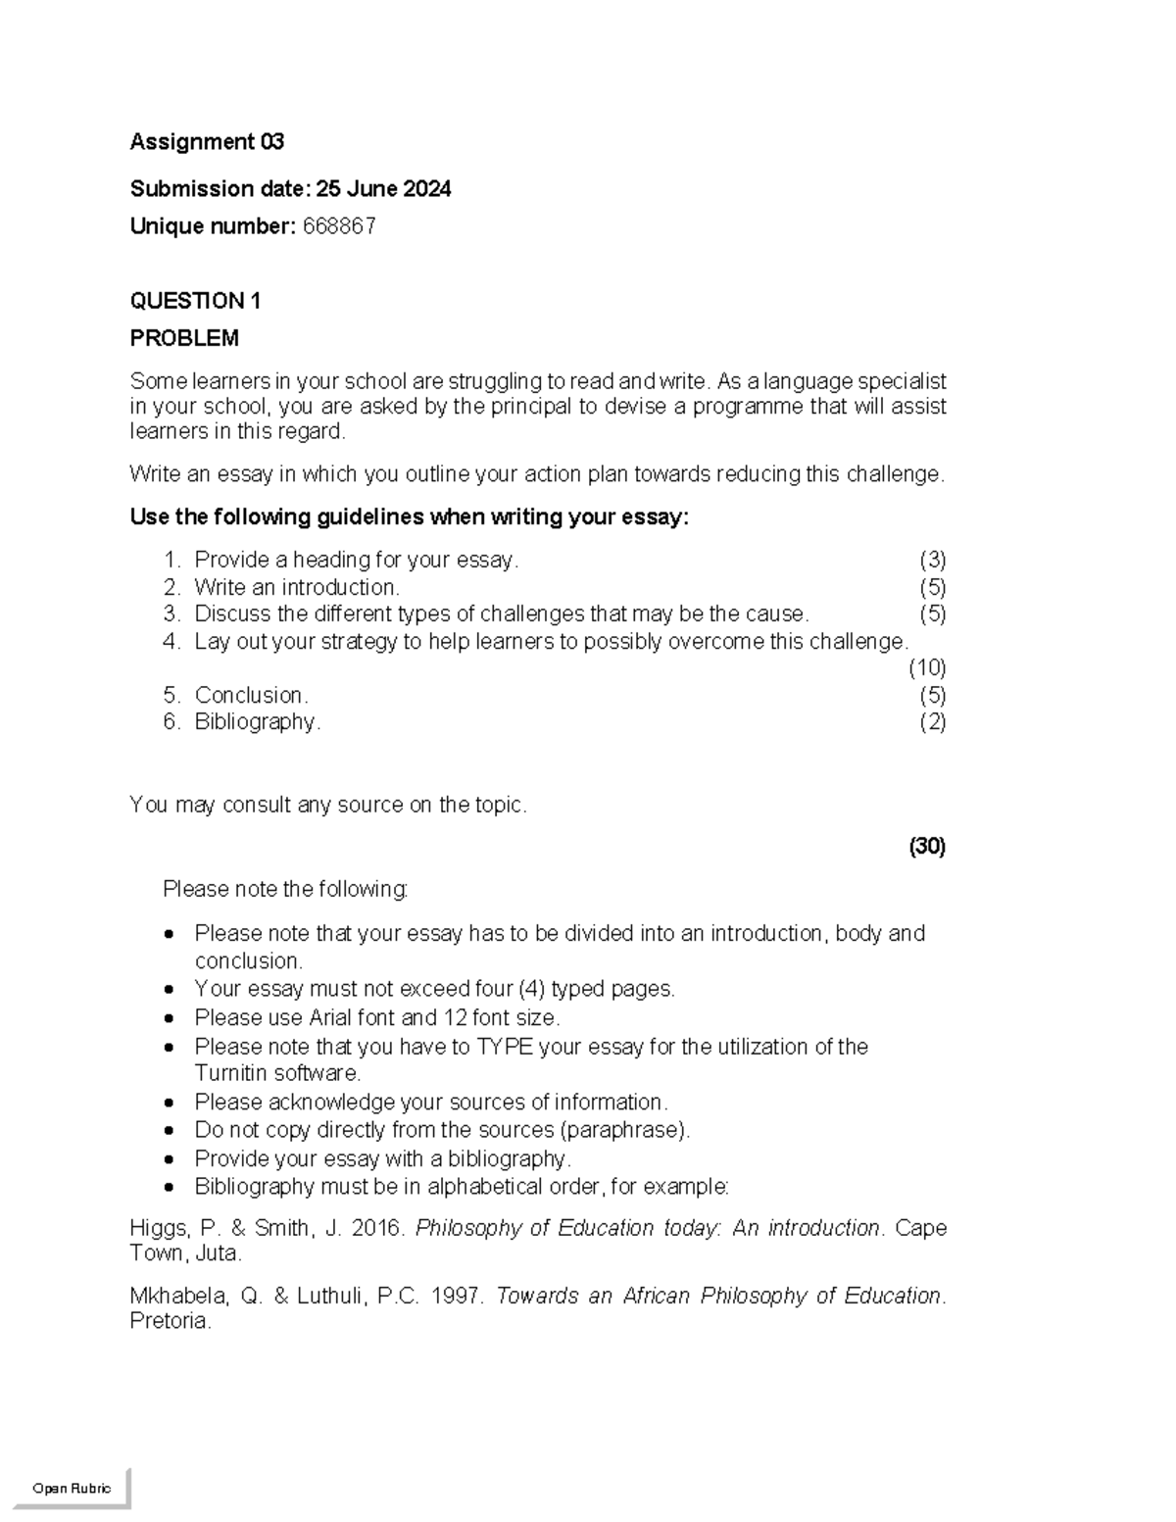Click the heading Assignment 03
click(207, 142)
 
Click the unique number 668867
click(339, 227)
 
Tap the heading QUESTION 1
click(195, 301)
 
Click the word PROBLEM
click(184, 339)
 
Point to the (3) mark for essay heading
click(932, 561)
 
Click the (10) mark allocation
click(926, 668)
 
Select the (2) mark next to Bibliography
click(932, 722)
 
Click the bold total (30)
click(927, 847)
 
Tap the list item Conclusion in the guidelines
click(251, 696)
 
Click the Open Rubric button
click(72, 1488)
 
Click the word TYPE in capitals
click(504, 1047)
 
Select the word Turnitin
click(230, 1073)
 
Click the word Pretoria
click(170, 1321)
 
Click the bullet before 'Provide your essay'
click(171, 1159)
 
